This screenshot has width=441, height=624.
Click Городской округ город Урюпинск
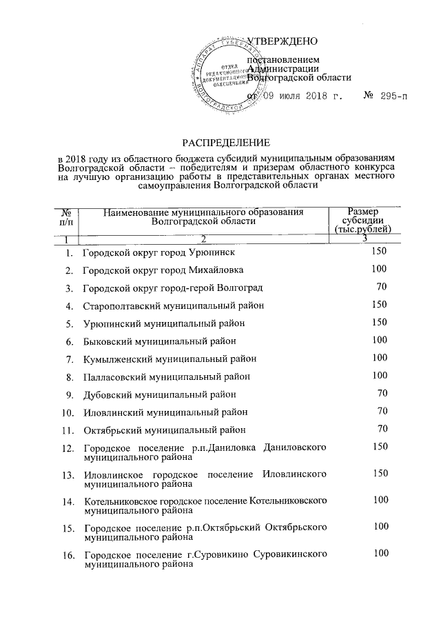click(163, 252)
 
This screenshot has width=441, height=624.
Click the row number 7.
click(70, 359)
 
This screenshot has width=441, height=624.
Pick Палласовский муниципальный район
click(166, 376)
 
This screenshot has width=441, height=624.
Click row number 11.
click(68, 432)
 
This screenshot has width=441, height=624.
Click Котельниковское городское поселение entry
click(205, 503)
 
